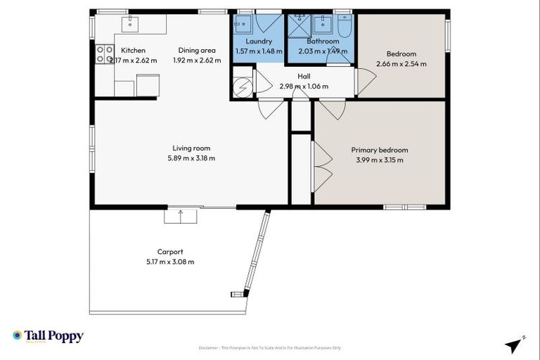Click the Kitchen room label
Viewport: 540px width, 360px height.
tap(133, 51)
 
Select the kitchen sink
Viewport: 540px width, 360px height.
tap(131, 24)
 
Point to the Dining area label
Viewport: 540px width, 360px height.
tap(196, 51)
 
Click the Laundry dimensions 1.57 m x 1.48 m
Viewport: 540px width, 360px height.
tap(258, 51)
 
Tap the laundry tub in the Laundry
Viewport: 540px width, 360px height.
tap(243, 25)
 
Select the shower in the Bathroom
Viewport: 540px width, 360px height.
tap(298, 25)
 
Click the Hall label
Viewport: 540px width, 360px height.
tap(304, 76)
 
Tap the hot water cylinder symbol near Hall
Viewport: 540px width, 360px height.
tap(242, 86)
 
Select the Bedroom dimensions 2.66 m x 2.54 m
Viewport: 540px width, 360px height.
tap(401, 64)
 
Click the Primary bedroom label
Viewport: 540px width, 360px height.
tap(379, 150)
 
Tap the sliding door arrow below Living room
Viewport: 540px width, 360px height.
tap(181, 215)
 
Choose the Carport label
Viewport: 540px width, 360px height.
tap(170, 252)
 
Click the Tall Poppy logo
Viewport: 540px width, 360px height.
tap(48, 336)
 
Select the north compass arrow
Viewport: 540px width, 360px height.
tap(515, 345)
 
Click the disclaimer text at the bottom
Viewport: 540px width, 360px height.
tap(269, 348)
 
